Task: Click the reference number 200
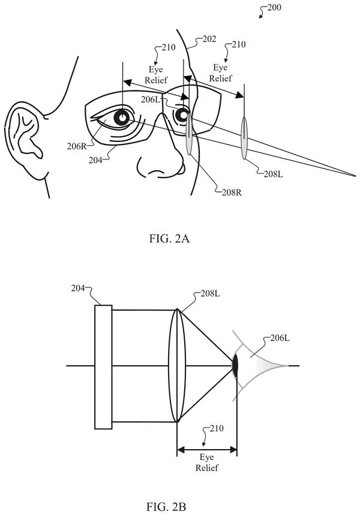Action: (274, 7)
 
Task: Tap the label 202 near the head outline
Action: (209, 39)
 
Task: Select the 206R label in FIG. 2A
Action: (77, 146)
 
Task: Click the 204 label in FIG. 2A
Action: (95, 160)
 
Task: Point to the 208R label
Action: (232, 192)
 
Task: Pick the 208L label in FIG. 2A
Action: (273, 174)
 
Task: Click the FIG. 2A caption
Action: (169, 239)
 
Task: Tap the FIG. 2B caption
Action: (166, 507)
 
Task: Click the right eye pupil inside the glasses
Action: (122, 118)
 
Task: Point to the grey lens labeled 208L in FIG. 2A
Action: (244, 138)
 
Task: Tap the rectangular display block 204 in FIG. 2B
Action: (103, 367)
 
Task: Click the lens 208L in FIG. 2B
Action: (177, 366)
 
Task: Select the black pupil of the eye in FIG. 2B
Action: (235, 365)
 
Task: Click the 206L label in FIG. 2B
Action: (280, 338)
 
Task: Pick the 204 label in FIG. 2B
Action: (78, 288)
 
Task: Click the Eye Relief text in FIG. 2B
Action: (207, 462)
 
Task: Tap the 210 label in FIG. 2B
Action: (217, 428)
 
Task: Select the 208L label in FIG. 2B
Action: (211, 293)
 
